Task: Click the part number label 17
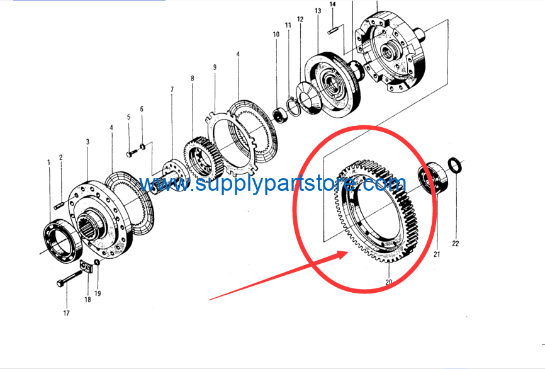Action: [66, 313]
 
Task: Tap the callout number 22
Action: [456, 244]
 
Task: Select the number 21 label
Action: [437, 254]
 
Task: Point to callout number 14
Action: [332, 4]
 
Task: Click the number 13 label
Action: [318, 11]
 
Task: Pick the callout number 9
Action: [215, 67]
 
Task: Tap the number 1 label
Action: [48, 162]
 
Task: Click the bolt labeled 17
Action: [69, 278]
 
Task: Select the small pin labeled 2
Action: [59, 206]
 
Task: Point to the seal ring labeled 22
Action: [454, 166]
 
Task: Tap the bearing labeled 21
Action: [432, 178]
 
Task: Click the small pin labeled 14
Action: [332, 31]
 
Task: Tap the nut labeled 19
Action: [98, 262]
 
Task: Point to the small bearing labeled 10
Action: [281, 115]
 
